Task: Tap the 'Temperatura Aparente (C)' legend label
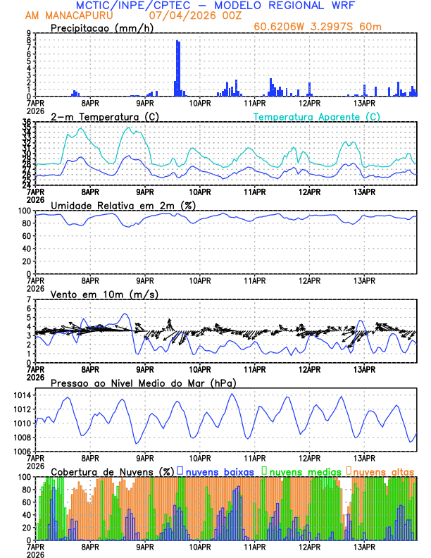point(317,116)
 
